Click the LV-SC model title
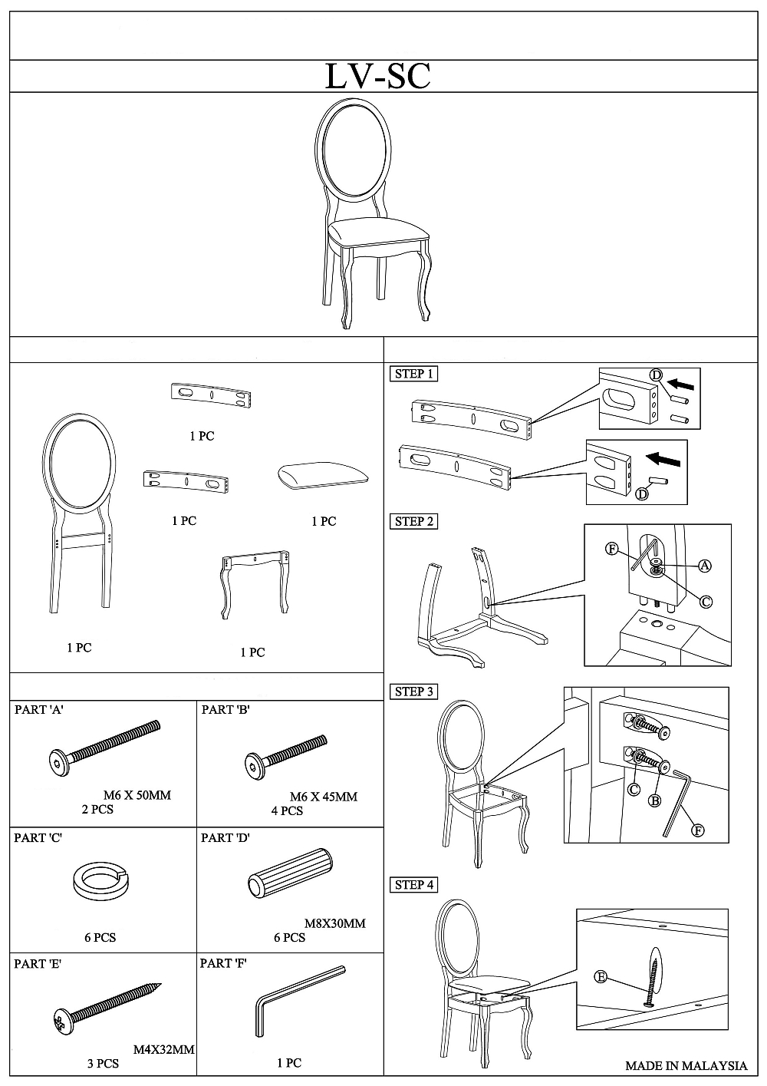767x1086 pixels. pyautogui.click(x=377, y=76)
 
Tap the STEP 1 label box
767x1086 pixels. pyautogui.click(x=413, y=374)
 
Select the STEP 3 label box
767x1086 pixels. pyautogui.click(x=413, y=692)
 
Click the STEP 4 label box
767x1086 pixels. pyautogui.click(x=413, y=884)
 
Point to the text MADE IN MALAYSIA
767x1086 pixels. pyautogui.click(x=686, y=1065)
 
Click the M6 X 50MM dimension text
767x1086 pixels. pyautogui.click(x=137, y=795)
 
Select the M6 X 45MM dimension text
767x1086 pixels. pyautogui.click(x=324, y=797)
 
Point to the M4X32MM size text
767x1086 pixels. pyautogui.click(x=164, y=1049)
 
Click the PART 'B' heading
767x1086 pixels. pyautogui.click(x=225, y=709)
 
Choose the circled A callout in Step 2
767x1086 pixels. pyautogui.click(x=705, y=566)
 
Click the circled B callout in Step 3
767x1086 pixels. pyautogui.click(x=654, y=800)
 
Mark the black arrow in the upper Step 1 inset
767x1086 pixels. pyautogui.click(x=681, y=384)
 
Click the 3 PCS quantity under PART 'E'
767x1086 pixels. pyautogui.click(x=103, y=1063)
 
